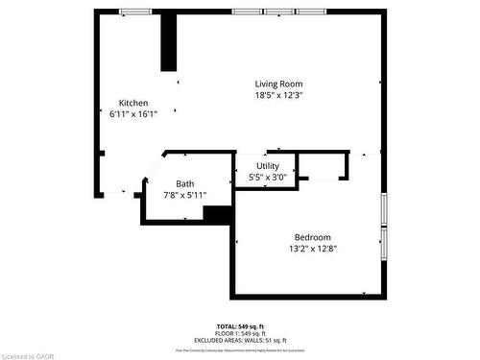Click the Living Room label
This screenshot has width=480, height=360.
tap(278, 84)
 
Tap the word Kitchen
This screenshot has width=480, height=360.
tap(133, 103)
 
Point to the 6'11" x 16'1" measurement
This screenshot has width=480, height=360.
tap(133, 113)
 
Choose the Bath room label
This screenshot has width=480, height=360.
tap(184, 183)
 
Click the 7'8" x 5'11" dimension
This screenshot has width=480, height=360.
tap(184, 195)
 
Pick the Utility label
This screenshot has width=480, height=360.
tap(267, 167)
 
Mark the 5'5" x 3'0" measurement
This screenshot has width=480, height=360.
tap(267, 178)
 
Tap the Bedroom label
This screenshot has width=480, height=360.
tap(312, 237)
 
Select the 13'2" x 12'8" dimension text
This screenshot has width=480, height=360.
tap(312, 249)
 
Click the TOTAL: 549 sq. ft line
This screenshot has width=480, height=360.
tap(240, 326)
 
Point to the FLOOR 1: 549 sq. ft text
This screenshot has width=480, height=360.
tap(240, 332)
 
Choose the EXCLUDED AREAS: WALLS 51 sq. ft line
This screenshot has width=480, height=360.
tap(240, 339)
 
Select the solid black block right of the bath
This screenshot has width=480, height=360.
tap(218, 215)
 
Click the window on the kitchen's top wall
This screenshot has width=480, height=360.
tap(135, 12)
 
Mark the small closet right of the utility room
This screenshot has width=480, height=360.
tap(323, 166)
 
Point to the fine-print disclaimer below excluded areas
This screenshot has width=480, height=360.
tap(240, 346)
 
